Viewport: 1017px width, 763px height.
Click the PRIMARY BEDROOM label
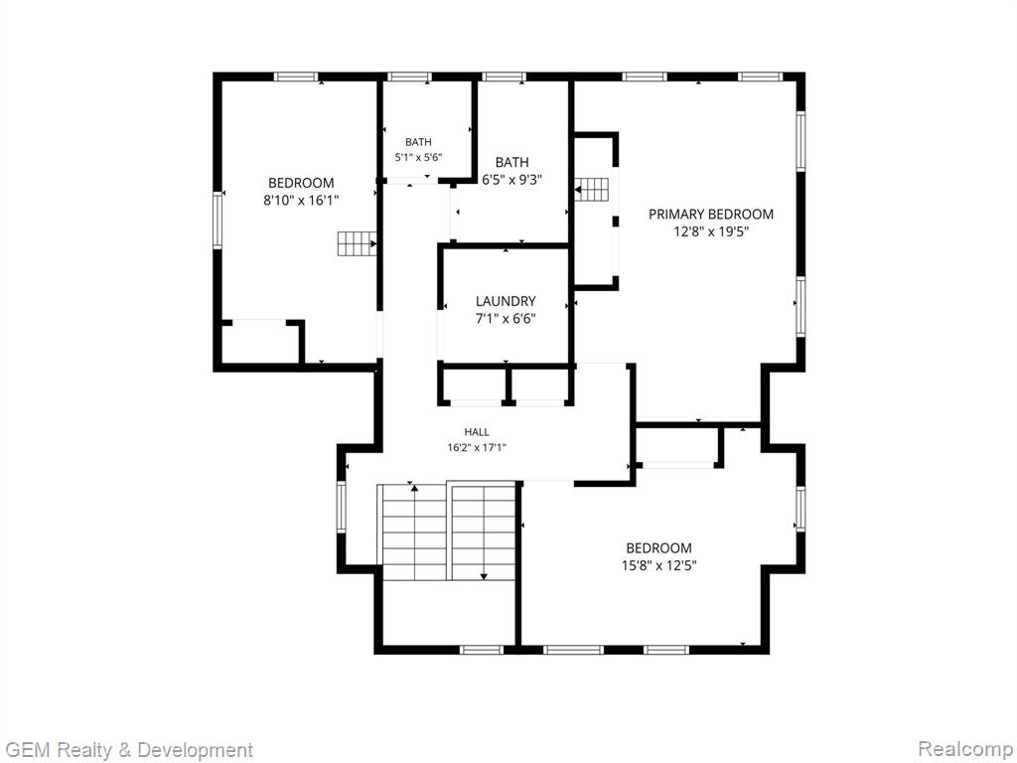(711, 215)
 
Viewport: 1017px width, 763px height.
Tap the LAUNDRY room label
(506, 301)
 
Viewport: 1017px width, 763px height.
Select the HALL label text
(477, 432)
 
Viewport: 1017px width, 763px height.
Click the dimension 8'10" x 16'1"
(301, 201)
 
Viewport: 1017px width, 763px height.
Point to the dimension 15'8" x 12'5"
(659, 565)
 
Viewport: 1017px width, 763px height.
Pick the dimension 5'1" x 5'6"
(418, 157)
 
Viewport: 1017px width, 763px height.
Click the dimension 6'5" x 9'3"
(511, 180)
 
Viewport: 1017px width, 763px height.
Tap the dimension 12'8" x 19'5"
(711, 231)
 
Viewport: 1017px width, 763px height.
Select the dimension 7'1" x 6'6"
(506, 319)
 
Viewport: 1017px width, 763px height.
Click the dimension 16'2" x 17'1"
(477, 447)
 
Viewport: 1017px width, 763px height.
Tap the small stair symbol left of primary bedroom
(592, 190)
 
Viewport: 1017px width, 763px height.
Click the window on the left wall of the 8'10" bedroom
(218, 221)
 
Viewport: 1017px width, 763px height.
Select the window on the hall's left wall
(342, 507)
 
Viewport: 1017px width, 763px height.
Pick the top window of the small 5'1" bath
(409, 76)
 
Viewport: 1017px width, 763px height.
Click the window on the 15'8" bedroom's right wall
(800, 509)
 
